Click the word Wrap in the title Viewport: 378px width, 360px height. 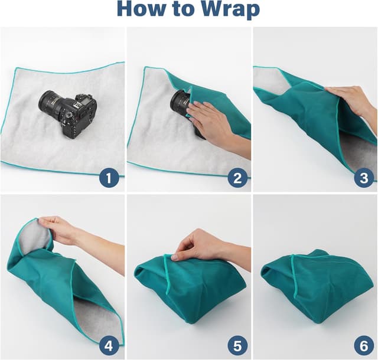tap(230, 10)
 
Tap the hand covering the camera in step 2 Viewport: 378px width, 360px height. tap(210, 121)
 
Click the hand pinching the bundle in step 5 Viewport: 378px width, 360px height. tap(198, 245)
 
